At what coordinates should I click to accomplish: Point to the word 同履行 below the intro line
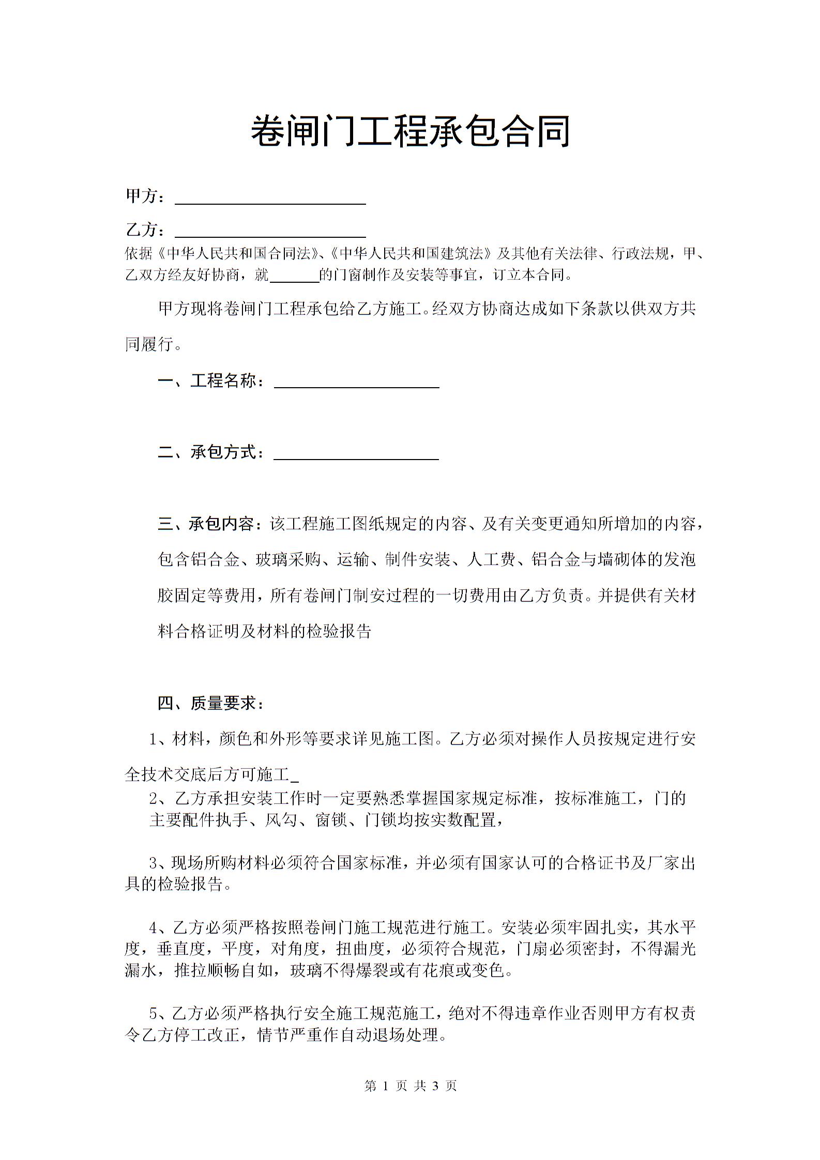(x=149, y=344)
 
